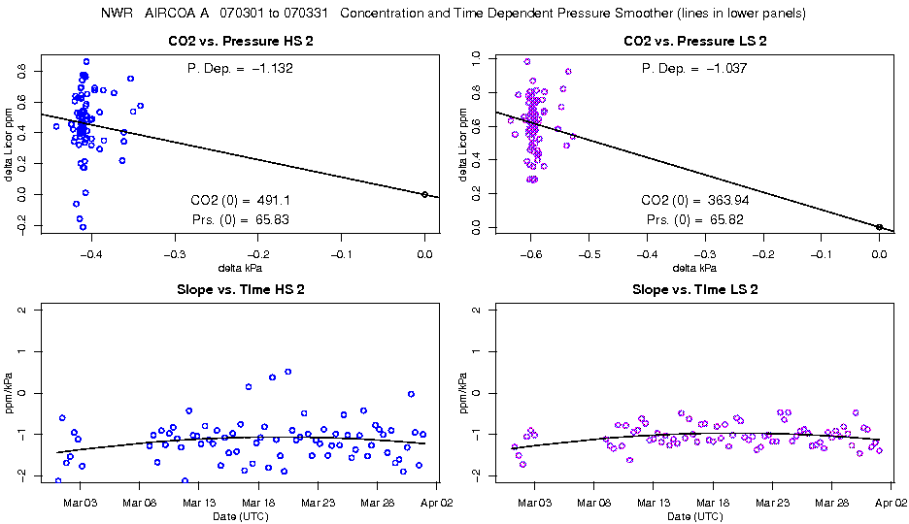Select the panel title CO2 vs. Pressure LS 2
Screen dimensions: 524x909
(x=695, y=41)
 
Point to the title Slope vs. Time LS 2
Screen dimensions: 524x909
(x=695, y=289)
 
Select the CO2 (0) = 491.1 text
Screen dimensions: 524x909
(x=241, y=200)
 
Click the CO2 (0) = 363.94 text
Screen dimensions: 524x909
(x=695, y=200)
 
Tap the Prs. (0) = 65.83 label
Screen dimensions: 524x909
(x=241, y=219)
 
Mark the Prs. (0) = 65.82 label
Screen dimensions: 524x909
(x=695, y=219)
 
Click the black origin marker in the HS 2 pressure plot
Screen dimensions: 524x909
(x=424, y=194)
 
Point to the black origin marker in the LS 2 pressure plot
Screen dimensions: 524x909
(x=879, y=227)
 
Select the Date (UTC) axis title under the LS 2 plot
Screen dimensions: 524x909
(x=695, y=515)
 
